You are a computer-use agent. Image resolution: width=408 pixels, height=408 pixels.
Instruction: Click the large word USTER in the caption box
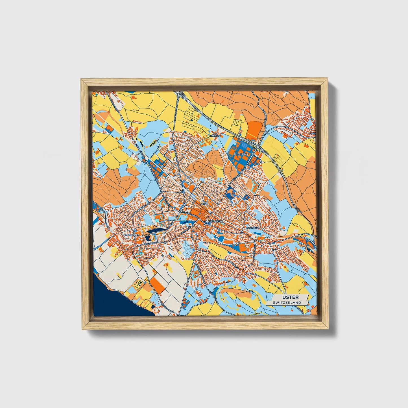287,297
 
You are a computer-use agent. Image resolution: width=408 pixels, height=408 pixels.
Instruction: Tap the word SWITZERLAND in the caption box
287,302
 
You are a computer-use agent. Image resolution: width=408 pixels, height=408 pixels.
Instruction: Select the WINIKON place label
215,136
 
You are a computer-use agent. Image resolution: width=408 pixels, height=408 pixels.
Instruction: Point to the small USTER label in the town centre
204,204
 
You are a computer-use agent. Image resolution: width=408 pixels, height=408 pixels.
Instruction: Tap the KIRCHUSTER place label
215,221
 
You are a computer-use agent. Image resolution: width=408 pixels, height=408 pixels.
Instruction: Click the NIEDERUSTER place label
132,235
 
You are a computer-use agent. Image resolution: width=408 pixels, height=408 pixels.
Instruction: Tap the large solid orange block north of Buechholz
254,130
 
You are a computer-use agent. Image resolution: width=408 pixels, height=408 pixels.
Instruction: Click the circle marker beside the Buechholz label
253,154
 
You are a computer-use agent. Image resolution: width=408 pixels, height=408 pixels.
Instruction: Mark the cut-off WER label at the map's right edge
313,133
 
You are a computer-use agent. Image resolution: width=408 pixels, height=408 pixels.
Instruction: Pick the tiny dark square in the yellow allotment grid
191,120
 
